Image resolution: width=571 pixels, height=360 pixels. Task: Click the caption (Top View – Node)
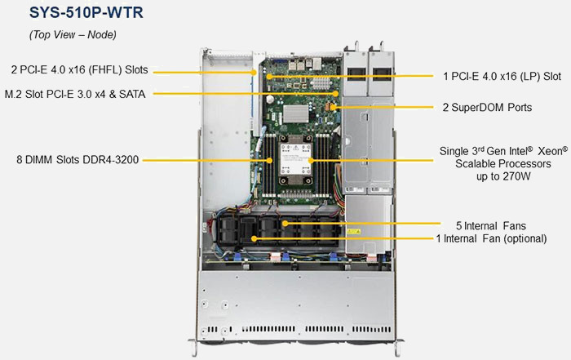pos(72,34)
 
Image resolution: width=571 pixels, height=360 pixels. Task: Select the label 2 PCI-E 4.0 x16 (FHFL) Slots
pos(79,70)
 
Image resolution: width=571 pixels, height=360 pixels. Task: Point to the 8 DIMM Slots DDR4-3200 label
pos(74,160)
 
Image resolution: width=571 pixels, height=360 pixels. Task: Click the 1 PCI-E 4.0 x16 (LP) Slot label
pos(502,76)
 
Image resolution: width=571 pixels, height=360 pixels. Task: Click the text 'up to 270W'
pos(502,176)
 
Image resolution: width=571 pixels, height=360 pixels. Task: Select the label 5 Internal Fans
pos(490,224)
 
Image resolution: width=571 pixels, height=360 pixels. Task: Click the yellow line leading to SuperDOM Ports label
pos(383,107)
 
